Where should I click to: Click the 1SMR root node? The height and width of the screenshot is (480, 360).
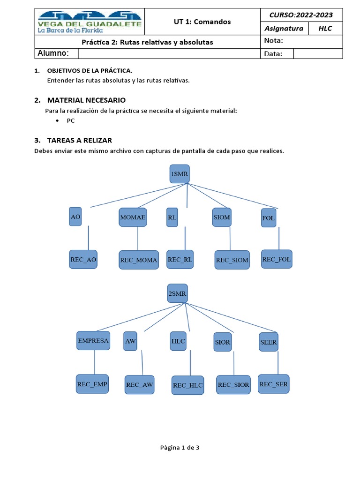coord(179,174)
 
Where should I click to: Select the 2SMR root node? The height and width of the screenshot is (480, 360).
coord(178,294)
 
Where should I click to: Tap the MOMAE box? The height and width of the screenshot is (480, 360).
coord(133,217)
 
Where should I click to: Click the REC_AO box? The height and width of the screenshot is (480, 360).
coord(83,259)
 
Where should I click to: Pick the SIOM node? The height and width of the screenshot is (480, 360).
coord(222,217)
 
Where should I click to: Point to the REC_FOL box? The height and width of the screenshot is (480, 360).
coord(277,259)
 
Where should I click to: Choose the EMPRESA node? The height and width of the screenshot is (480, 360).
coord(93,340)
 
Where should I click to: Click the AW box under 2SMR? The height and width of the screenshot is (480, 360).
coord(130,342)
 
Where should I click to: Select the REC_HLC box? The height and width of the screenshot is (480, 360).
coord(187,385)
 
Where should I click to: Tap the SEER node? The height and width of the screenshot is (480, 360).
coord(269,342)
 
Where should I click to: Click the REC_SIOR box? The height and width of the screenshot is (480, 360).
coord(233,384)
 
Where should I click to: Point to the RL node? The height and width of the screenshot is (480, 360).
coord(172,217)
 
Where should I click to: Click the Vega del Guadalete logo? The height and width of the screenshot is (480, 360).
coord(90,22)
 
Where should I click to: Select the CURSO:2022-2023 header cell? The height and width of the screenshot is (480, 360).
coord(301,15)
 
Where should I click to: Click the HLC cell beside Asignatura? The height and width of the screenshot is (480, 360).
coord(325,29)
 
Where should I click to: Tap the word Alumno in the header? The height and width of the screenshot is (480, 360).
coord(53,53)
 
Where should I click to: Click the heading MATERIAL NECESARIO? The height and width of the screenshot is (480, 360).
coord(86,100)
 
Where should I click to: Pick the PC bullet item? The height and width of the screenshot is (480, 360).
coord(71,120)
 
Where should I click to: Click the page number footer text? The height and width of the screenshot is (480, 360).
coord(180,448)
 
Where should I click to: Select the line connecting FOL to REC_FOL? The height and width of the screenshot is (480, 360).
coord(279,238)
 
